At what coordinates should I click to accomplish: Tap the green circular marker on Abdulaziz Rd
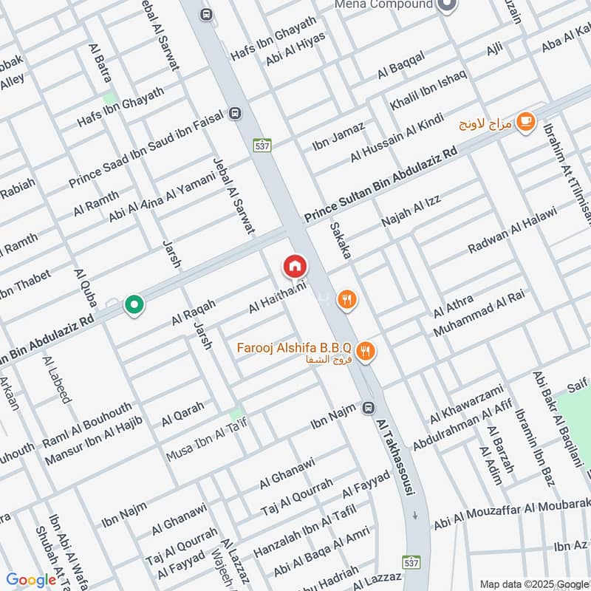coord(134,304)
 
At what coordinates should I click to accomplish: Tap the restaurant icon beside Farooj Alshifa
coord(364,351)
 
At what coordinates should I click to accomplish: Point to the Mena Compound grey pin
coord(446,6)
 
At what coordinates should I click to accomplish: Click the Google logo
coord(31,580)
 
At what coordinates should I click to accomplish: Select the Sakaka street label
coord(341,240)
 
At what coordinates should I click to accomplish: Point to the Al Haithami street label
coord(278,293)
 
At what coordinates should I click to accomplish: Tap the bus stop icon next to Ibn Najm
coord(368,408)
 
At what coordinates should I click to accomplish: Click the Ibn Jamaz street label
coord(338,137)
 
